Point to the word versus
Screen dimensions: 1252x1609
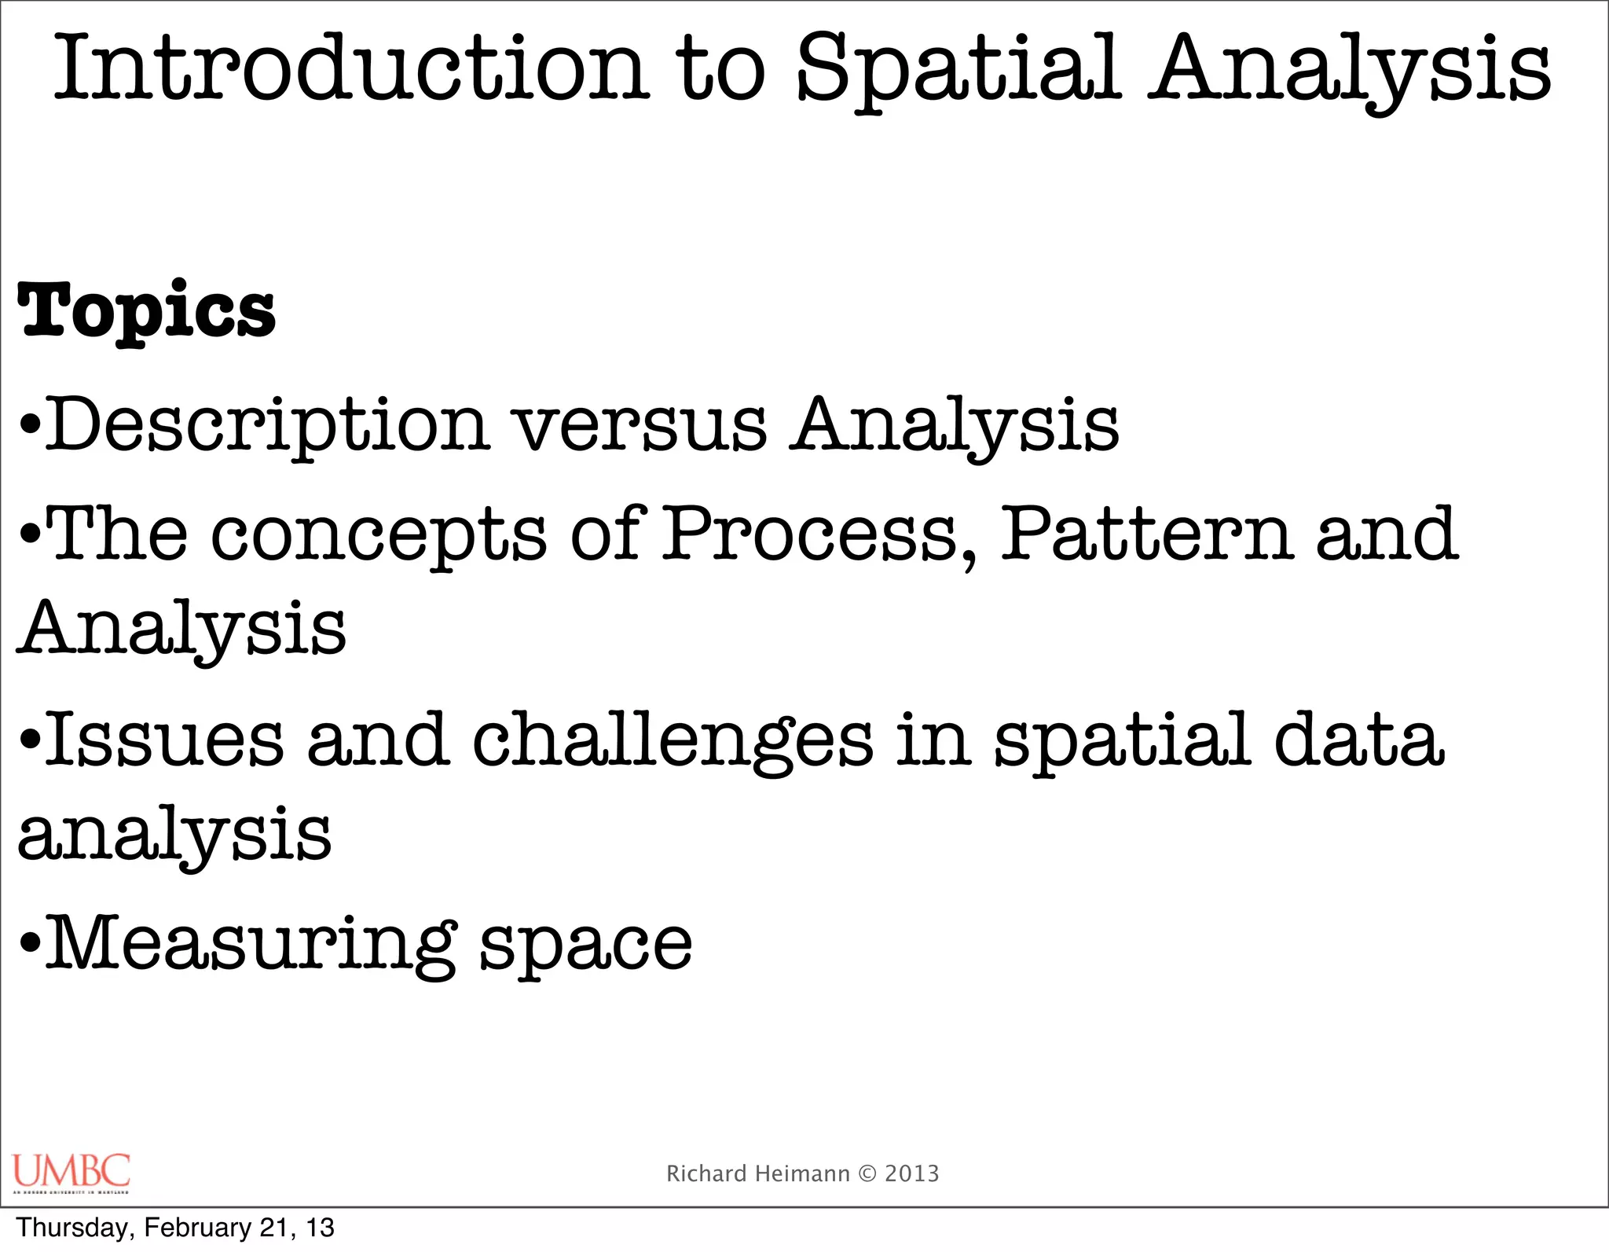640,426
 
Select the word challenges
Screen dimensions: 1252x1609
673,743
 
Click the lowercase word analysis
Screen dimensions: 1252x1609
174,836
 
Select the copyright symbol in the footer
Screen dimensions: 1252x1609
867,1173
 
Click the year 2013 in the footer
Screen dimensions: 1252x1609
912,1173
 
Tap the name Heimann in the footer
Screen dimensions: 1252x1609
802,1173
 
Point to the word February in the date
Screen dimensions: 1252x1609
197,1228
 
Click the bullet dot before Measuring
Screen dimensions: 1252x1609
30,943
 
